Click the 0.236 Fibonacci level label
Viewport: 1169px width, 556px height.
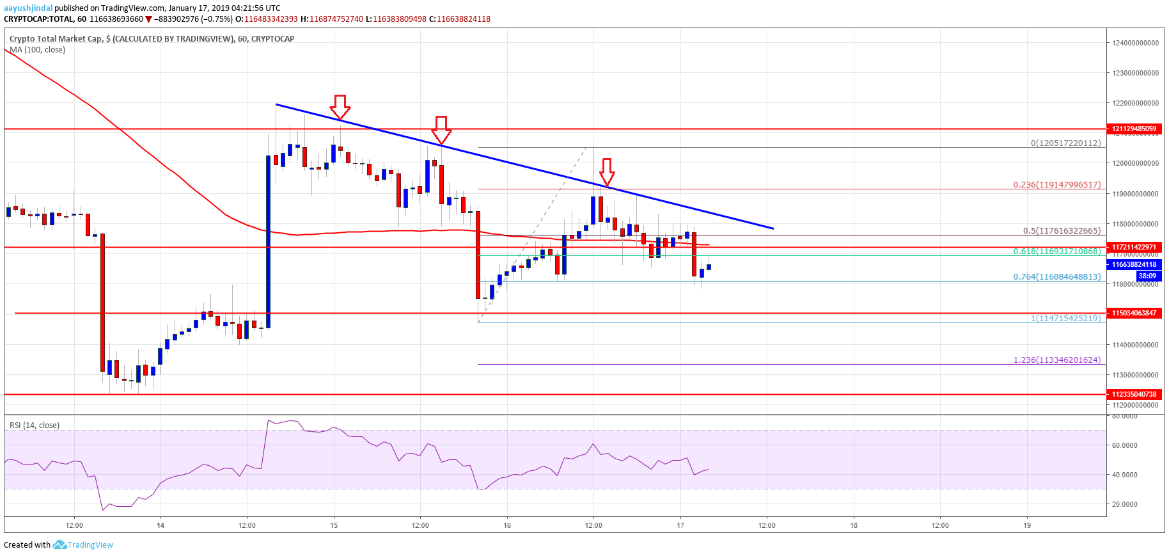point(1056,185)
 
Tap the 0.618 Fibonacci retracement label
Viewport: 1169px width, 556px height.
point(1056,251)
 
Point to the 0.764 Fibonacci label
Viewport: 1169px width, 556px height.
point(1056,277)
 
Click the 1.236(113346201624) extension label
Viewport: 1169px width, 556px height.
point(1056,360)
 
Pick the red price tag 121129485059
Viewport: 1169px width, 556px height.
point(1134,129)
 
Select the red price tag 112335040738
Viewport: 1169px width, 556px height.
point(1134,394)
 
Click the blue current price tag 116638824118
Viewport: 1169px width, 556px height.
point(1134,264)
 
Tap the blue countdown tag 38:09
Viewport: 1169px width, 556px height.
point(1147,276)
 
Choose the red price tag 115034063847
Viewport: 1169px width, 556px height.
point(1134,313)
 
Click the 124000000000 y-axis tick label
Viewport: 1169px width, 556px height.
point(1135,43)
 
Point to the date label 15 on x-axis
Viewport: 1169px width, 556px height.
point(334,525)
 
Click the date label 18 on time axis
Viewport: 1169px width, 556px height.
point(854,525)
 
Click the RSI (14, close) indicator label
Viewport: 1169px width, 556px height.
point(35,425)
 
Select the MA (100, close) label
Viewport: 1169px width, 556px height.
point(37,50)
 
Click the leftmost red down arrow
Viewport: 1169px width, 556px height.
point(340,107)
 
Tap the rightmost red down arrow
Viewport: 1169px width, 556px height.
point(607,172)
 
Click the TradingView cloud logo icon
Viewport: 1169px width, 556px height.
point(59,544)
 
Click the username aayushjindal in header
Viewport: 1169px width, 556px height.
point(27,8)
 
